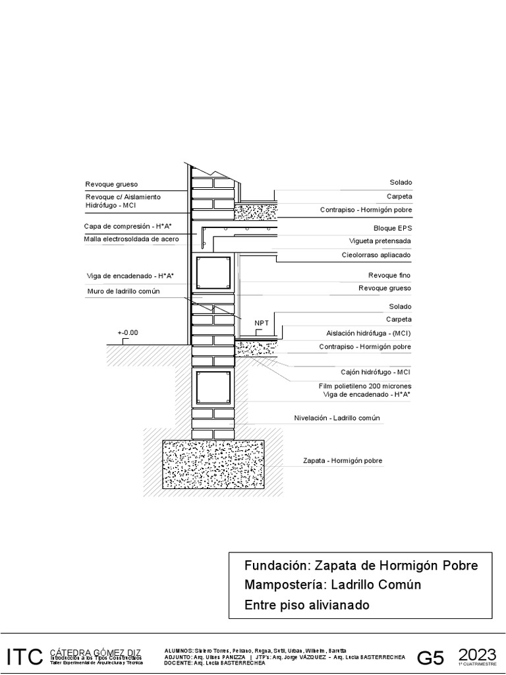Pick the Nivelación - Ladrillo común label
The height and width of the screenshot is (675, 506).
[x=337, y=418]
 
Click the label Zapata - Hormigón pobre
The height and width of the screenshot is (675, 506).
[x=343, y=461]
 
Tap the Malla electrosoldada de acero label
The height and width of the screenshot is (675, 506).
[x=131, y=239]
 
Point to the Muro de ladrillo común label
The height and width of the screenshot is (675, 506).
[x=124, y=291]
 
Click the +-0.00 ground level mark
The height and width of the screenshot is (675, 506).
[x=128, y=333]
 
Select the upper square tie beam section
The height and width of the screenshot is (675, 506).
[x=213, y=272]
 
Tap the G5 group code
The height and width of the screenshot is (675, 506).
[x=432, y=658]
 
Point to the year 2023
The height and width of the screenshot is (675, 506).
[x=477, y=654]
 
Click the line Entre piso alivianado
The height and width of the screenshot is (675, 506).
[x=307, y=604]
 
